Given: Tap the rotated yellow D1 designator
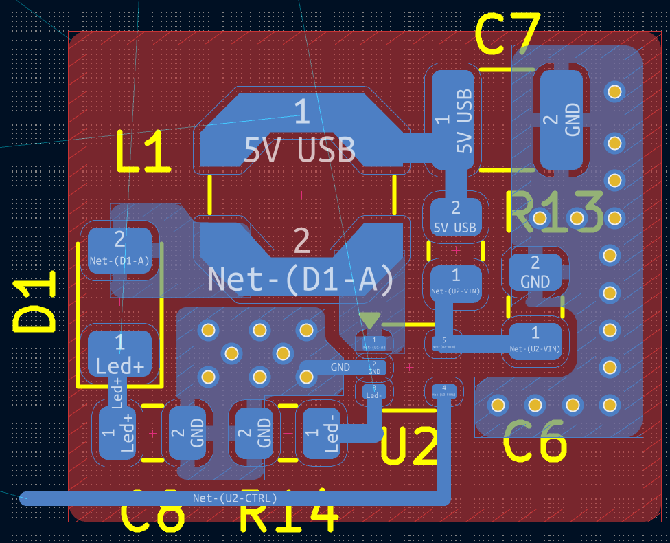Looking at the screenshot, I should click(x=34, y=302).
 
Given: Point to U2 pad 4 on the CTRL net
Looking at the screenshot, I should click(x=444, y=391).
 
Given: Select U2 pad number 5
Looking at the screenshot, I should click(x=444, y=342).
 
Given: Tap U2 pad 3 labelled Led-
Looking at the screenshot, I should click(x=374, y=392).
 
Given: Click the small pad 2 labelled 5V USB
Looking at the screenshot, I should click(x=455, y=216).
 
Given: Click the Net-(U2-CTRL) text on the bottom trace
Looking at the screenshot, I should click(x=235, y=498).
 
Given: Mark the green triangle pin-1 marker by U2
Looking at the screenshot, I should click(x=370, y=320).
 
